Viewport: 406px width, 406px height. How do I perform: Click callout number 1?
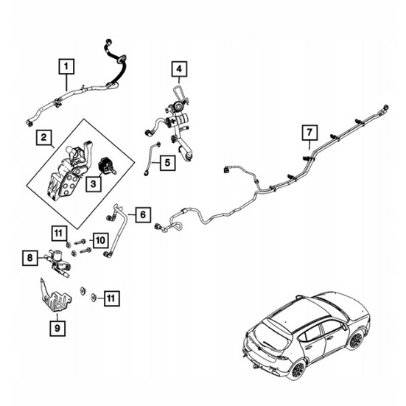67,68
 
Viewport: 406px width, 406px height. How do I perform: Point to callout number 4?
178,71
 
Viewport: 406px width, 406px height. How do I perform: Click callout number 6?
143,216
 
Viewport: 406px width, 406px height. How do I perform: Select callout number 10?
100,239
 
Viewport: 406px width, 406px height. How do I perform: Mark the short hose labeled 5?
148,159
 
